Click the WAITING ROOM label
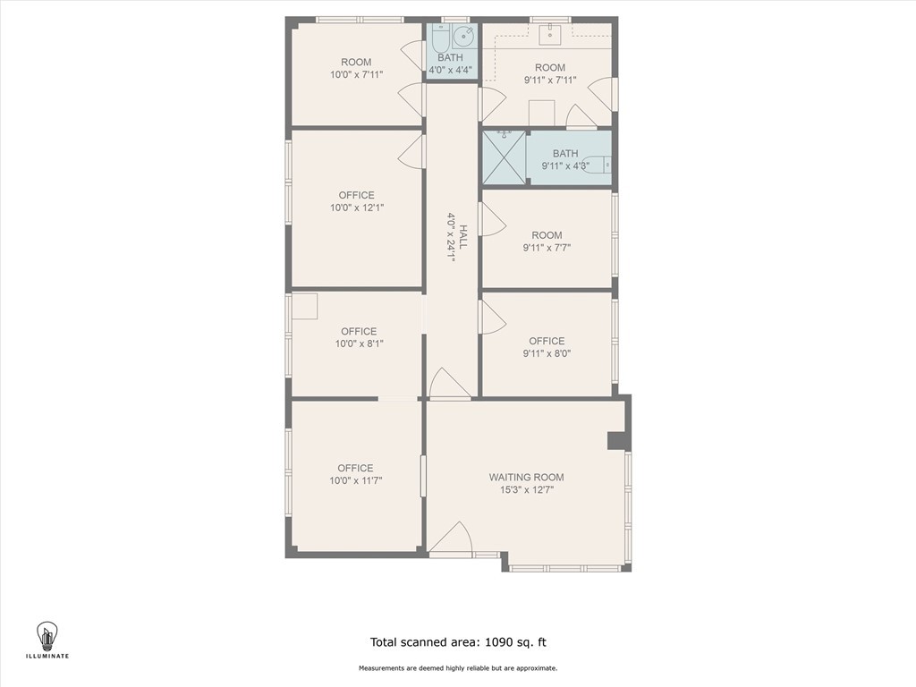(x=526, y=477)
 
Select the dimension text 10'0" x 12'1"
(x=356, y=208)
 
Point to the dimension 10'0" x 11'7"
(x=355, y=481)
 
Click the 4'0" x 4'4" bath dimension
(x=450, y=71)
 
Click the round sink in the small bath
(x=463, y=38)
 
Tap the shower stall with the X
(x=504, y=157)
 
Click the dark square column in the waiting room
(x=617, y=440)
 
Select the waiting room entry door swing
(x=454, y=539)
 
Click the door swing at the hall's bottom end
(x=448, y=385)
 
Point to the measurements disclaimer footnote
(x=458, y=668)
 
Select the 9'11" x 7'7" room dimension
(x=547, y=249)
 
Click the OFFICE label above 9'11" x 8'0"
(x=547, y=341)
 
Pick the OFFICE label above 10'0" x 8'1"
(x=358, y=331)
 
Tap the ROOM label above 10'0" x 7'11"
(x=356, y=62)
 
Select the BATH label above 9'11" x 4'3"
(x=565, y=154)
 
